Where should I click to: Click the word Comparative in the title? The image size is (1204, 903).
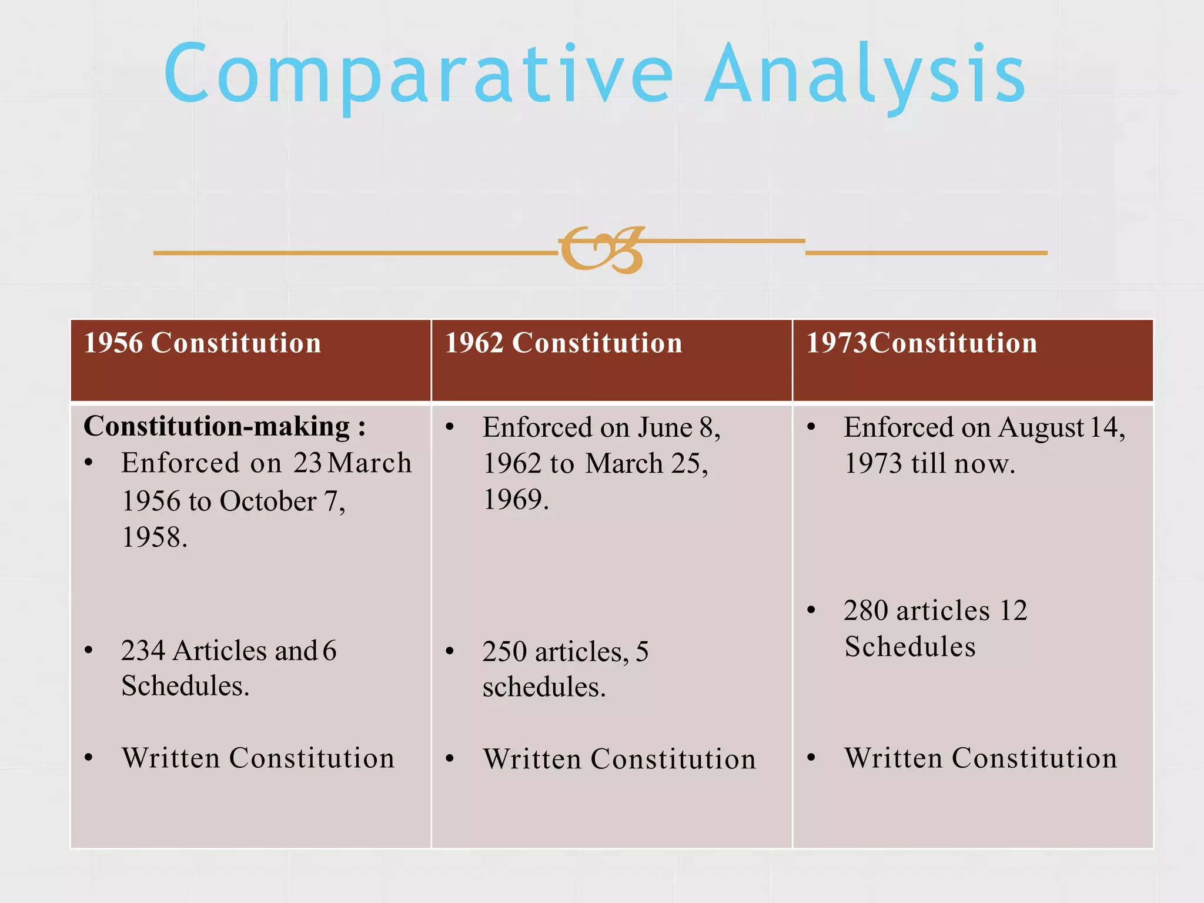tap(418, 75)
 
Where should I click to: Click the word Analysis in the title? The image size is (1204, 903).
tap(865, 75)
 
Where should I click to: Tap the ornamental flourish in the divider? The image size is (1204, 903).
tap(601, 250)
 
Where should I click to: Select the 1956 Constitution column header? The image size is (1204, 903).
tap(203, 343)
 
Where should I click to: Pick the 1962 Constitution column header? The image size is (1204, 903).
tap(564, 343)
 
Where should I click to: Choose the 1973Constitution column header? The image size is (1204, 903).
tap(921, 343)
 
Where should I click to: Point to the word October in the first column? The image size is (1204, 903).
tap(267, 501)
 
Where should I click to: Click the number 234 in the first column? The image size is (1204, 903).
tap(143, 651)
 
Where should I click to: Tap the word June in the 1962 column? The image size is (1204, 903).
tap(665, 427)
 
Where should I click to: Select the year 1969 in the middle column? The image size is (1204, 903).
tap(515, 500)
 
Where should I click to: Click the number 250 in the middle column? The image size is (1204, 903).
tap(504, 652)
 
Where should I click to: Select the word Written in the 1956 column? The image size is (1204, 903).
tap(171, 758)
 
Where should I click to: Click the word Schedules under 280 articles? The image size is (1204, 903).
tap(909, 647)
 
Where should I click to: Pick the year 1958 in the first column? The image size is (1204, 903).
tap(154, 537)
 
